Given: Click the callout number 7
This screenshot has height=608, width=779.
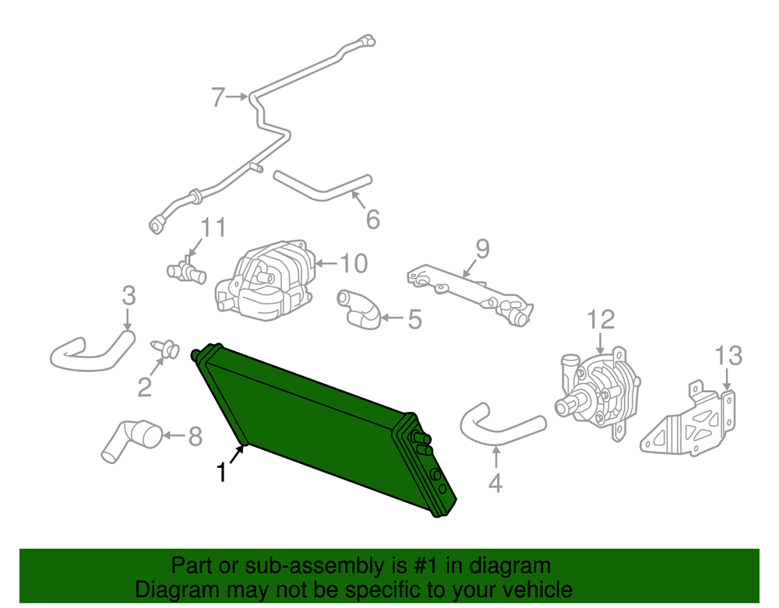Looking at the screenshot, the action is click(218, 97).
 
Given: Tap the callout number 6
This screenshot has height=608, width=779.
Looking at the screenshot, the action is click(372, 219).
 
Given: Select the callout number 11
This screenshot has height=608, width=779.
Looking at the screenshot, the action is click(213, 228).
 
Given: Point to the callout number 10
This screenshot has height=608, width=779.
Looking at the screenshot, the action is click(354, 264).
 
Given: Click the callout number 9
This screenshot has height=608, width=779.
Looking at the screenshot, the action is click(482, 249).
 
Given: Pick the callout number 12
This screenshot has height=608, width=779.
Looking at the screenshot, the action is click(601, 320).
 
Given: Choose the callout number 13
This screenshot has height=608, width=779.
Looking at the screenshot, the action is click(728, 356).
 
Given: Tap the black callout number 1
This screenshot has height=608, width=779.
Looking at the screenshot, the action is click(221, 472).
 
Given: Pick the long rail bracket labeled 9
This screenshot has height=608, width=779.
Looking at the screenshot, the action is click(470, 294).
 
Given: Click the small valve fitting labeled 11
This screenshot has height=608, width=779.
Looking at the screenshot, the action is click(186, 271).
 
